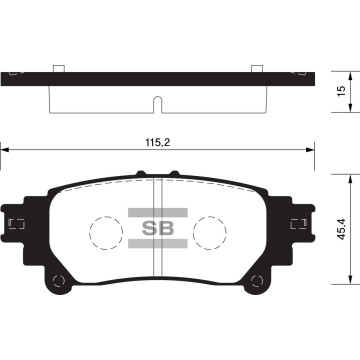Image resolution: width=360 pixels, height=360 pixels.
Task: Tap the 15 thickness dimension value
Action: click(x=342, y=90)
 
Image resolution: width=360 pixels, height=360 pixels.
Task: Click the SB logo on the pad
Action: click(x=152, y=227)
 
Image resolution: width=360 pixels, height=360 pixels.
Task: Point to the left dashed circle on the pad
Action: click(x=105, y=234)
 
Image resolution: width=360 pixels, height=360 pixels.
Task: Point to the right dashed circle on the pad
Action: click(x=208, y=234)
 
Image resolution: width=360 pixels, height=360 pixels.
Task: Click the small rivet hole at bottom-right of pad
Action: click(x=252, y=278)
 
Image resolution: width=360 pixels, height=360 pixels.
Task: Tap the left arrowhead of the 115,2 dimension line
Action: click(x=6, y=151)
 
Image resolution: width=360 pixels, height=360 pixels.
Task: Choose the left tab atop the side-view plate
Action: click(x=59, y=67)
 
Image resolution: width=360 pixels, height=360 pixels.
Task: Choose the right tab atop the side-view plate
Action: click(x=256, y=67)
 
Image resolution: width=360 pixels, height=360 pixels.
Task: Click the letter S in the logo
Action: click(x=141, y=227)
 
